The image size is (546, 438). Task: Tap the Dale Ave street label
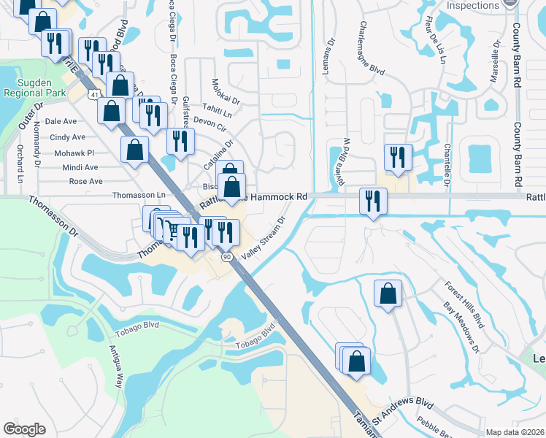coord(61,122)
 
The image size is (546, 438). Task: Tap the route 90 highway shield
coord(227,257)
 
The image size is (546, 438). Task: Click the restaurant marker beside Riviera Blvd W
coord(398,158)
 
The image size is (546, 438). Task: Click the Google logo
coord(25,429)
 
